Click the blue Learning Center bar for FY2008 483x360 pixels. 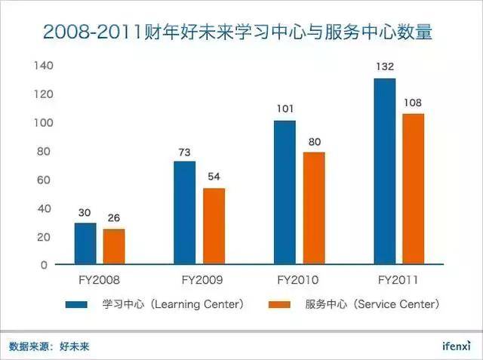[85, 244]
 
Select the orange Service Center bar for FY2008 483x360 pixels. [114, 247]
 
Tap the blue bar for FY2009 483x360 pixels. [185, 213]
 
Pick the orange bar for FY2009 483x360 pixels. [214, 226]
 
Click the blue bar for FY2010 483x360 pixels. [285, 192]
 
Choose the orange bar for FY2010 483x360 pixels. [313, 208]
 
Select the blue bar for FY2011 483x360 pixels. [384, 171]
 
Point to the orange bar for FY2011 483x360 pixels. [413, 189]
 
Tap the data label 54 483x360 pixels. [214, 177]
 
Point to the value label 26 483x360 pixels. [114, 218]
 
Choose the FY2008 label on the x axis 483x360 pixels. [99, 279]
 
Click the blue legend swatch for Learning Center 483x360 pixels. [78, 304]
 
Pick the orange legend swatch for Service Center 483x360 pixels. [281, 304]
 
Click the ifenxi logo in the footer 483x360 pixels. [456, 346]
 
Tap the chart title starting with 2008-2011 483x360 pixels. [242, 32]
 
